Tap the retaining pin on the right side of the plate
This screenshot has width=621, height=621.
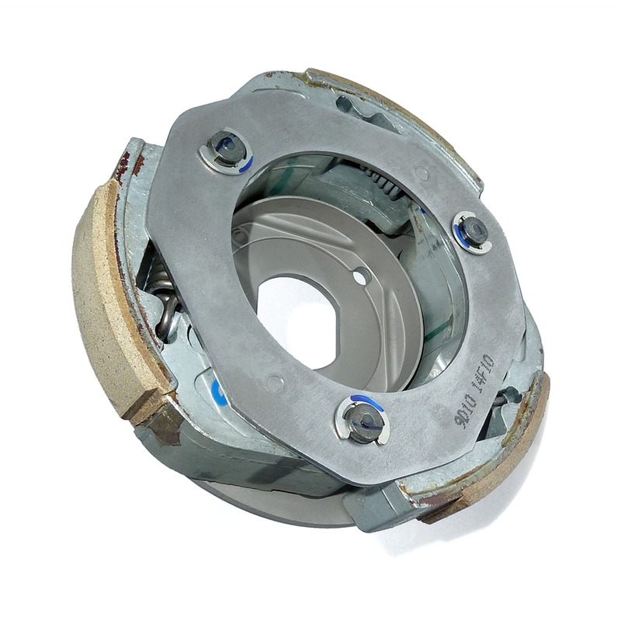pos(473,231)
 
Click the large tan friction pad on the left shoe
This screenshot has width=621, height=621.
pos(109,303)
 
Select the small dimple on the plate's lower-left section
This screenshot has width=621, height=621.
pos(274,382)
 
